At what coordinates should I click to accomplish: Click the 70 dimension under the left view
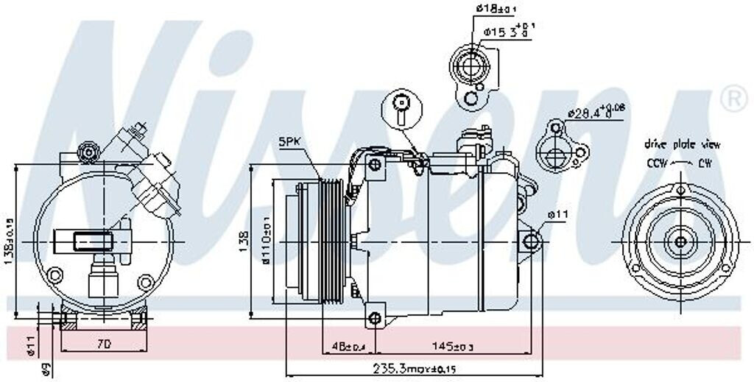click(x=104, y=343)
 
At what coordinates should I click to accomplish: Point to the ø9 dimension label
click(x=46, y=369)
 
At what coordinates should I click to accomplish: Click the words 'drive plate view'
click(x=682, y=144)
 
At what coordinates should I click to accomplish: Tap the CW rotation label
click(x=704, y=163)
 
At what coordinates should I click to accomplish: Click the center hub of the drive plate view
click(x=680, y=242)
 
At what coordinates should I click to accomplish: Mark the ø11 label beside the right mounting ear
click(x=557, y=215)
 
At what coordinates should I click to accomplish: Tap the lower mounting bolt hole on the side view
click(x=375, y=318)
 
